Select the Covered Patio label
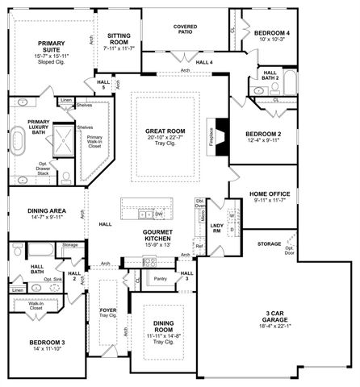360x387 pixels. (185, 31)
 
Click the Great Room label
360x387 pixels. (167, 132)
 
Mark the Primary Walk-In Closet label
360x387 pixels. (94, 141)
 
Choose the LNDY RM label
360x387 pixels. (216, 228)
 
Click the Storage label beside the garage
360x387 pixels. (269, 242)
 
